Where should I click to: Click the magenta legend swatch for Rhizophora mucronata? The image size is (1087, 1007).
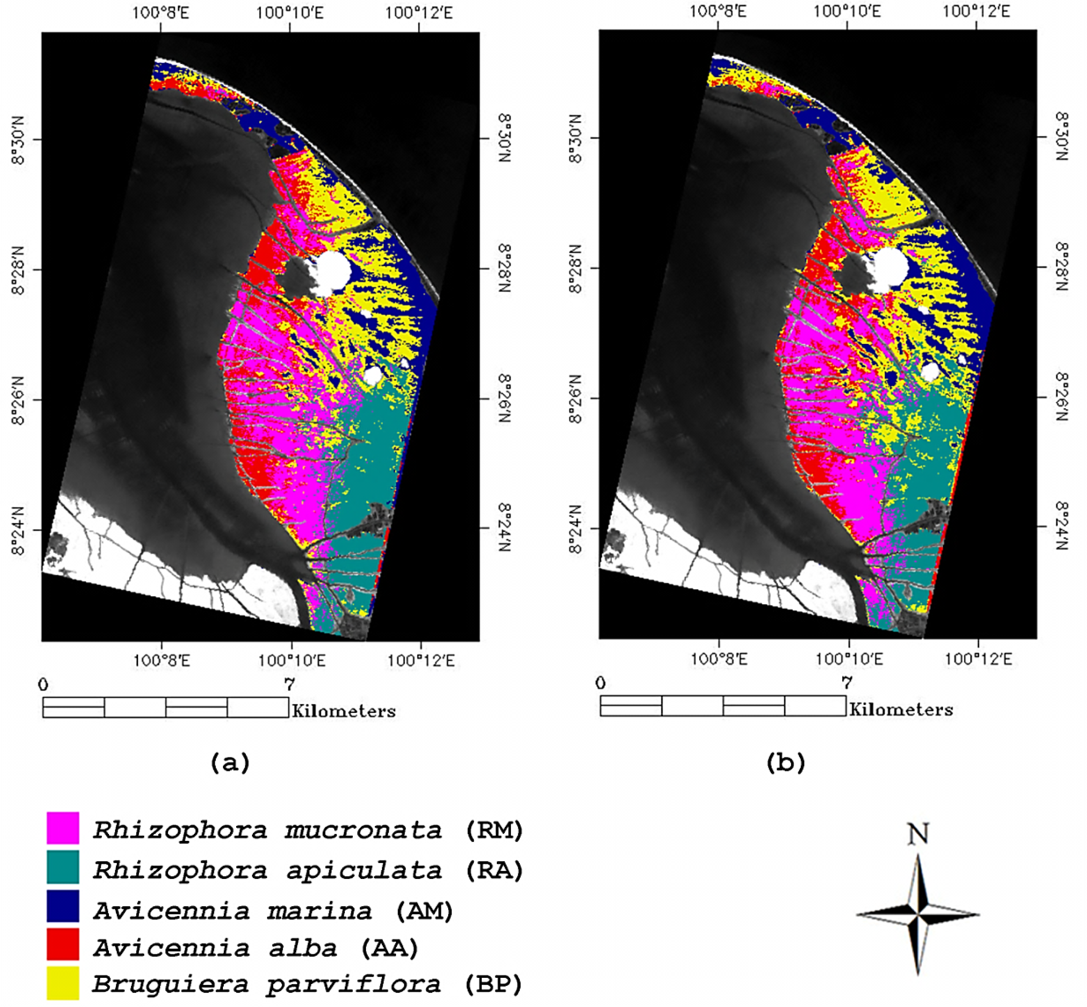[x=63, y=828]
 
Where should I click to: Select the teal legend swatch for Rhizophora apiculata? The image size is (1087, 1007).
[x=63, y=867]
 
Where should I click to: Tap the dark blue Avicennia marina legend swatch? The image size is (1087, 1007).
[x=63, y=906]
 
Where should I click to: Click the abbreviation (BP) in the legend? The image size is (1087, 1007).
[x=493, y=984]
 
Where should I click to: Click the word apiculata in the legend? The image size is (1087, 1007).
[x=364, y=871]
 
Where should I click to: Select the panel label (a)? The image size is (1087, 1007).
[x=230, y=762]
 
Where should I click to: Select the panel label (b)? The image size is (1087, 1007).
[x=785, y=762]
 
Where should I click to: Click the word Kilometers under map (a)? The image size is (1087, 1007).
[x=344, y=711]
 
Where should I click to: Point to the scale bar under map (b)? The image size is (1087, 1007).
[x=723, y=706]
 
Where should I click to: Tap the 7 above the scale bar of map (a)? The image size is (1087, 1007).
[x=289, y=683]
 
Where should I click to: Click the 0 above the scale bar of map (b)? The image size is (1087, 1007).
[x=601, y=683]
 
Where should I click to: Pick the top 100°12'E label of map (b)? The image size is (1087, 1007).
[x=977, y=11]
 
